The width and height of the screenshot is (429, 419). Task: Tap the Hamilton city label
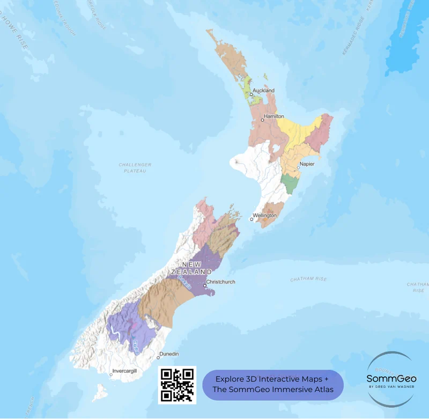click(273, 116)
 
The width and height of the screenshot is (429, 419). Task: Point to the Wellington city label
click(265, 215)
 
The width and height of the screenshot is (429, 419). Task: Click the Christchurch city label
click(220, 282)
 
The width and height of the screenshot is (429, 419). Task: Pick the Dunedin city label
click(169, 354)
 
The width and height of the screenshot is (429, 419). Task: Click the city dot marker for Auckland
click(250, 94)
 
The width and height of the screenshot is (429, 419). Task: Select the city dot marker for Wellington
click(251, 219)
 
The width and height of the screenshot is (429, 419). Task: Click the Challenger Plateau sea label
click(135, 167)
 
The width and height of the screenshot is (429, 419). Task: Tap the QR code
click(177, 385)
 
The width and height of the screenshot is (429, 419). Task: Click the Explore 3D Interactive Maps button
click(272, 385)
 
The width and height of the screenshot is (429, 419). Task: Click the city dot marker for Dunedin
click(158, 358)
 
